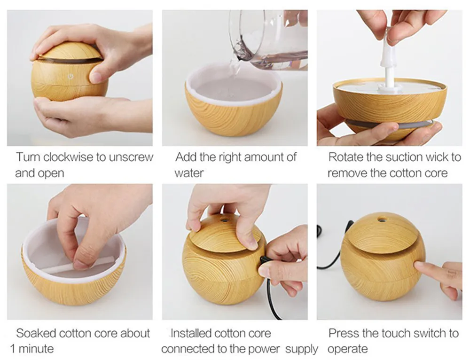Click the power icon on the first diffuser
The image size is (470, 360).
(70, 76)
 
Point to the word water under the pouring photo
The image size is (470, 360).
(189, 173)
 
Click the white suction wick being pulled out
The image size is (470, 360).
(389, 64)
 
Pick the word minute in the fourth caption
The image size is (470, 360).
(36, 349)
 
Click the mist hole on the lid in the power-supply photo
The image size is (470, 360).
(224, 220)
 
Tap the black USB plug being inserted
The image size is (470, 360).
(264, 260)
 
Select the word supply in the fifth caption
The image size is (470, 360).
(302, 350)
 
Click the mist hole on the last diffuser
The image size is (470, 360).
(381, 220)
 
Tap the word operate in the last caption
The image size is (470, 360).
(347, 350)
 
